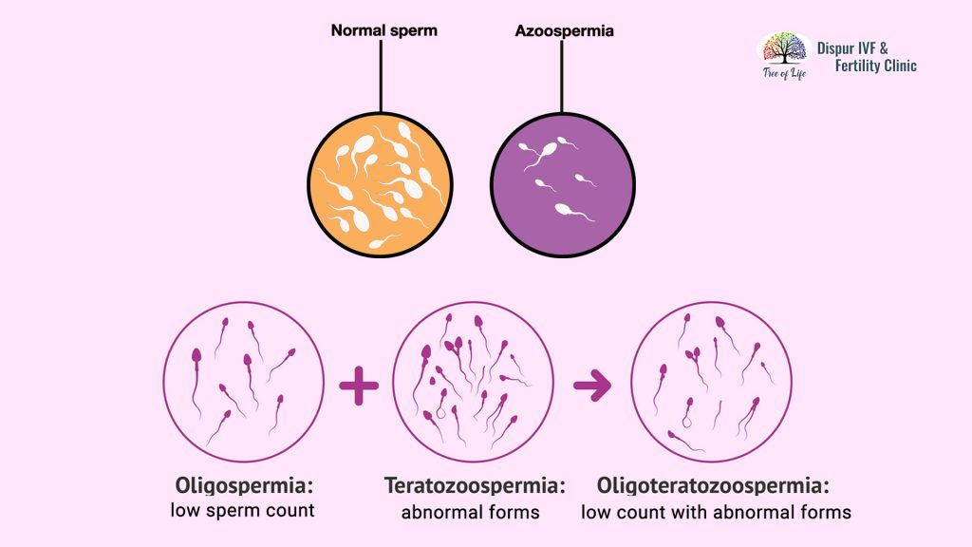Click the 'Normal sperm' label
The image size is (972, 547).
coord(383,30)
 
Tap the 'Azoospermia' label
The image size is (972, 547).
coord(564,31)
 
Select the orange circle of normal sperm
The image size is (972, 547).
coord(380,184)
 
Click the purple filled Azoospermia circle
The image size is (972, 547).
coord(563,184)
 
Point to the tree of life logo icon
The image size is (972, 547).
coord(785,49)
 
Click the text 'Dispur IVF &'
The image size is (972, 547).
coord(852,48)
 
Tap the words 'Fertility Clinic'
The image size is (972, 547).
coord(875,66)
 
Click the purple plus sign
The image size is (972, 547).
coord(359,386)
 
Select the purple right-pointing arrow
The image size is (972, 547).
coord(592,386)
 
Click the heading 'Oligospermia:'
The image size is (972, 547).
coord(242,485)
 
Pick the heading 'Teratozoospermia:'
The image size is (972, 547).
coord(475,485)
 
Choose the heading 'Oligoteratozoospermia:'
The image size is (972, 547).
coord(713,485)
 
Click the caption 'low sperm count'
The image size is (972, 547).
coord(242,510)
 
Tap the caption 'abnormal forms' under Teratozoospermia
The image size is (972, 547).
coord(471,512)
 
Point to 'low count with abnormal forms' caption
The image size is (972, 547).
coord(716,512)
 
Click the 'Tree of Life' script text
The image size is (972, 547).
coord(785,74)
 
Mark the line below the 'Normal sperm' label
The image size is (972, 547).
coord(381,76)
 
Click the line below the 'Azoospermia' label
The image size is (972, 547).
coord(562,76)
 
